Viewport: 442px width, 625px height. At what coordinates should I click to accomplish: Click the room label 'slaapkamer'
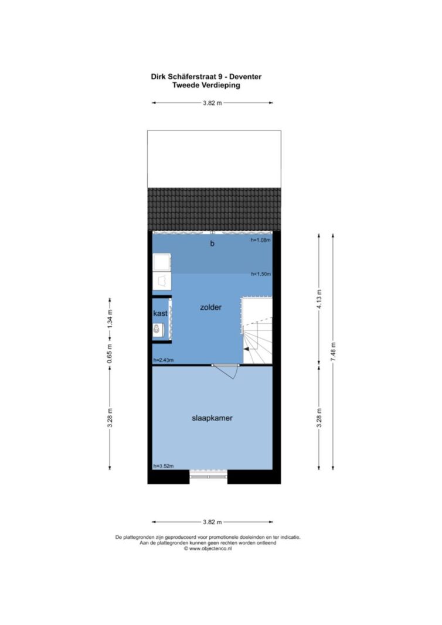(x=212, y=418)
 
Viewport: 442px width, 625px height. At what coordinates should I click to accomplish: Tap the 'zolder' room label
(x=210, y=308)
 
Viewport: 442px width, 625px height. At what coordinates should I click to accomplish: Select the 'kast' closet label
(x=161, y=314)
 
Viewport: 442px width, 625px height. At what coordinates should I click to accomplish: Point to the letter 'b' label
(x=212, y=243)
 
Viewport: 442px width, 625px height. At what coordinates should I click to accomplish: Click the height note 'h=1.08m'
(x=260, y=240)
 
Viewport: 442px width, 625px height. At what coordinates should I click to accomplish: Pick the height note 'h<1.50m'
(x=261, y=274)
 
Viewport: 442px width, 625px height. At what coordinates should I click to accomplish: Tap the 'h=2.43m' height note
(x=164, y=360)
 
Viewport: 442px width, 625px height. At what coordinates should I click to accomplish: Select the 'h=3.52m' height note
(x=164, y=466)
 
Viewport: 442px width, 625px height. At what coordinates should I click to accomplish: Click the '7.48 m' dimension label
(x=334, y=352)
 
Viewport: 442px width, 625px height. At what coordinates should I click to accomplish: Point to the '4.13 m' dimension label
(x=319, y=299)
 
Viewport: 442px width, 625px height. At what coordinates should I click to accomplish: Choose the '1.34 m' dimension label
(x=110, y=319)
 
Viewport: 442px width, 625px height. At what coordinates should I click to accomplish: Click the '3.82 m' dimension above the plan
(x=212, y=103)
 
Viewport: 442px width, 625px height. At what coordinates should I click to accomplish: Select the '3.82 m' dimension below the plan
(x=212, y=522)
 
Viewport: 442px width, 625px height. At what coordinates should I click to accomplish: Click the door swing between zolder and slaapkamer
(x=230, y=372)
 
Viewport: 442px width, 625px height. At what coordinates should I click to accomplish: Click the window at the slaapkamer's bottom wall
(x=208, y=474)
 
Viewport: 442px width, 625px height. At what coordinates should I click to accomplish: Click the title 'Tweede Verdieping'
(x=206, y=85)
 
